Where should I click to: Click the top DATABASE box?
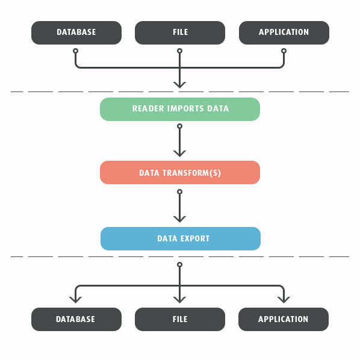pos(76,33)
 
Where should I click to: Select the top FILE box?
pos(180,33)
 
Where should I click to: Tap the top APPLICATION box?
pos(284,33)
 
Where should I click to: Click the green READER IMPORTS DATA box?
pos(180,110)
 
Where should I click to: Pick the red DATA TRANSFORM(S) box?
pos(180,172)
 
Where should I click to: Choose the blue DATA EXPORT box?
pos(181,238)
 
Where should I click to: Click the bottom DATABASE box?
pos(76,319)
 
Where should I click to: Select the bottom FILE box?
pos(180,319)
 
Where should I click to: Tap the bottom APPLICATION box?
pos(284,319)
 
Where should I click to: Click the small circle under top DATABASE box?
pos(75,51)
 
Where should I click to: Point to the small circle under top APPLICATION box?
pos(284,51)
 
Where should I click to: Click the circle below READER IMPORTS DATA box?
pos(180,126)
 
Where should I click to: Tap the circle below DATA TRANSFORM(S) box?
pos(180,191)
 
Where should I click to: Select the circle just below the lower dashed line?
pos(180,265)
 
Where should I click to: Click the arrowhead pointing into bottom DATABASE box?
pos(75,300)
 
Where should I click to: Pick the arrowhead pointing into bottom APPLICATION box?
pos(284,300)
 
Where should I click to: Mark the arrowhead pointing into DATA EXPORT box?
pos(180,220)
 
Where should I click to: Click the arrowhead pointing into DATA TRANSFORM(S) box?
pos(180,154)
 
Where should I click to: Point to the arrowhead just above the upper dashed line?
pos(180,85)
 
